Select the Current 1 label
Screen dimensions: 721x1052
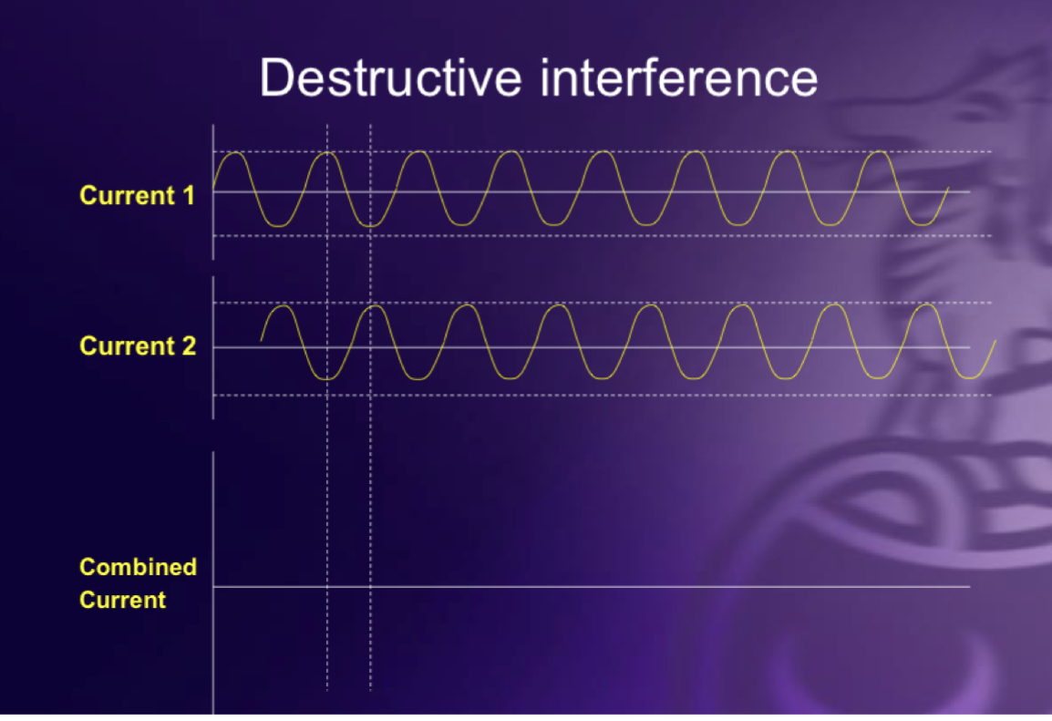(x=137, y=195)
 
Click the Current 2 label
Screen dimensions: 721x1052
(x=138, y=346)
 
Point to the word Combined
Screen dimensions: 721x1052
(x=138, y=567)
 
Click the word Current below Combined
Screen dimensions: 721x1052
(x=123, y=600)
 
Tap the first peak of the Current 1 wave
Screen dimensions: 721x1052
(x=234, y=153)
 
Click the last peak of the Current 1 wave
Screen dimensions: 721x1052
(x=879, y=153)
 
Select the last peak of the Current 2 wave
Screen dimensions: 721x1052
(x=926, y=306)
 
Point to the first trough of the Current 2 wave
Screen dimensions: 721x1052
(x=328, y=377)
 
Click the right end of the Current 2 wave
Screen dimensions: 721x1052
(x=995, y=341)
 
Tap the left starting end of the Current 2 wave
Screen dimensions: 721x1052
(x=261, y=341)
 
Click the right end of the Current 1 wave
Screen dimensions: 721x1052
(x=949, y=188)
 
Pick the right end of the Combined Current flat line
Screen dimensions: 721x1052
(x=969, y=587)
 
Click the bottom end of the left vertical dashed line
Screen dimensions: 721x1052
(x=327, y=689)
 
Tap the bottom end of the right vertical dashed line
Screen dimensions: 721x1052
(x=370, y=689)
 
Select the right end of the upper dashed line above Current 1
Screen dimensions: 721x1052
(x=991, y=151)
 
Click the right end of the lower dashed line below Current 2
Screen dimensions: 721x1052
(x=991, y=395)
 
